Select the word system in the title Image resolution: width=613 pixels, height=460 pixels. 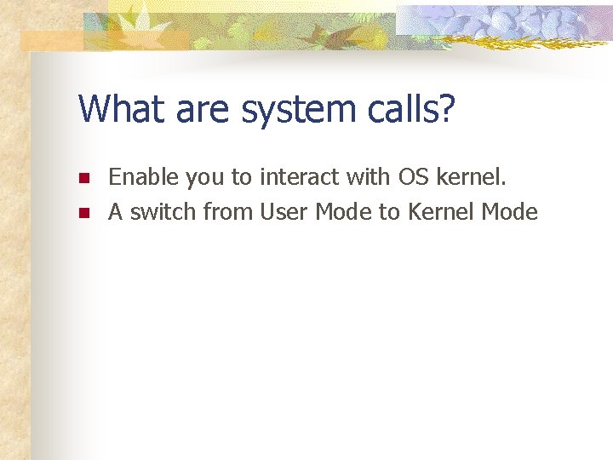click(x=284, y=112)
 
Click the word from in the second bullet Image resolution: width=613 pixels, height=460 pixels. click(x=227, y=212)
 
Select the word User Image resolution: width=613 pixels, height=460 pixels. click(x=284, y=212)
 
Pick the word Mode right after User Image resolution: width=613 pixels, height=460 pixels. click(x=344, y=212)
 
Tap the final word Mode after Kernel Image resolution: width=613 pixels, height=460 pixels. click(x=510, y=212)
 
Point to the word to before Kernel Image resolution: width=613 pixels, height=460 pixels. click(x=389, y=212)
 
